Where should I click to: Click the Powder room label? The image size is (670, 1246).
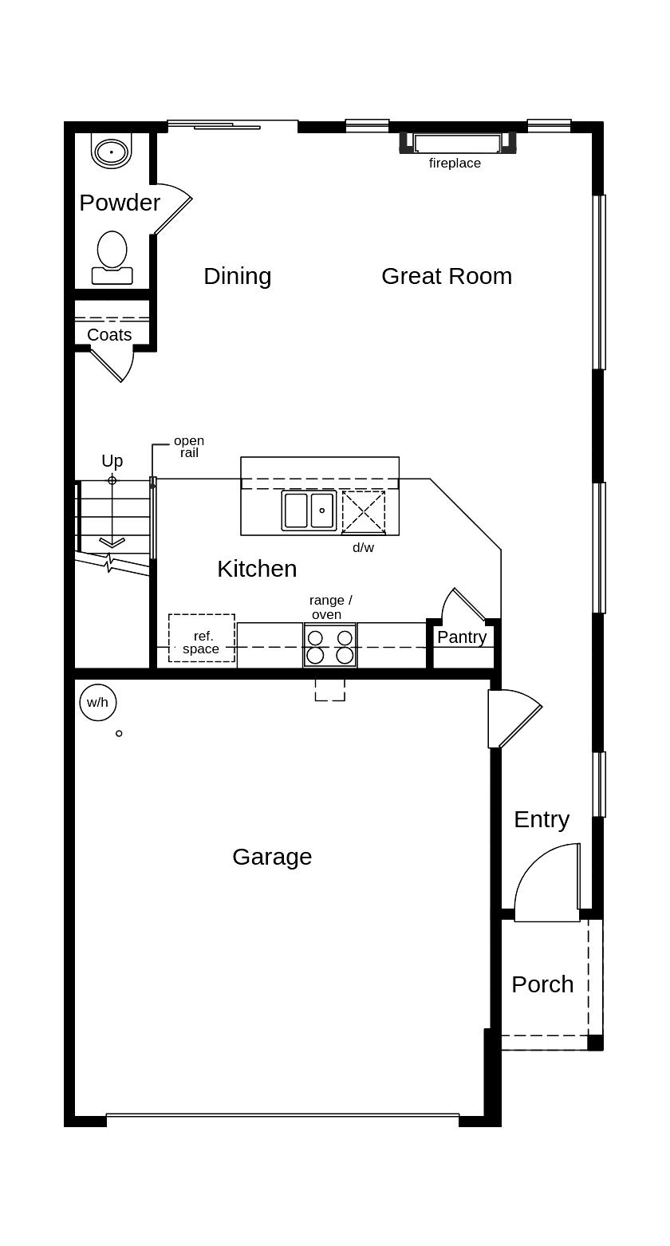(x=120, y=203)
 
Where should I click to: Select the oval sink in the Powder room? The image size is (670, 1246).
(x=111, y=152)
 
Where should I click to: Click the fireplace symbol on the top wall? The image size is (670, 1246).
(x=457, y=143)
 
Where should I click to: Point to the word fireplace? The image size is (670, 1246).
(x=455, y=164)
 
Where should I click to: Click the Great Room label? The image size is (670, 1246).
(x=447, y=276)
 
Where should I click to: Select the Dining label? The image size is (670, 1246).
(x=237, y=276)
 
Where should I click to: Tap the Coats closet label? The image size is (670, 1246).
(x=109, y=335)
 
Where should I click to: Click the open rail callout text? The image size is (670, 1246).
(x=189, y=447)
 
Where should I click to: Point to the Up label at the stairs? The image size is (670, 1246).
(x=112, y=461)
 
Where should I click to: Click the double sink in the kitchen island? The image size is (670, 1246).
(x=309, y=511)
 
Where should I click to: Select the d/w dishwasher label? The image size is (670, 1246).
(x=363, y=548)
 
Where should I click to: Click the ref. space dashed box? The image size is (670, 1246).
(x=201, y=638)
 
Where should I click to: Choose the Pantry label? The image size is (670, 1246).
(x=462, y=637)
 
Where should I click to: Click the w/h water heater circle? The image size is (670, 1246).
(x=98, y=702)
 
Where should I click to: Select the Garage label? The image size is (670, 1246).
(x=272, y=857)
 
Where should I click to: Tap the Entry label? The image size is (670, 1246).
(x=542, y=819)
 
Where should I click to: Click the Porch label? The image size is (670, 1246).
(x=542, y=984)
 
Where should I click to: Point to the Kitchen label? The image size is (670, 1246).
(x=257, y=569)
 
